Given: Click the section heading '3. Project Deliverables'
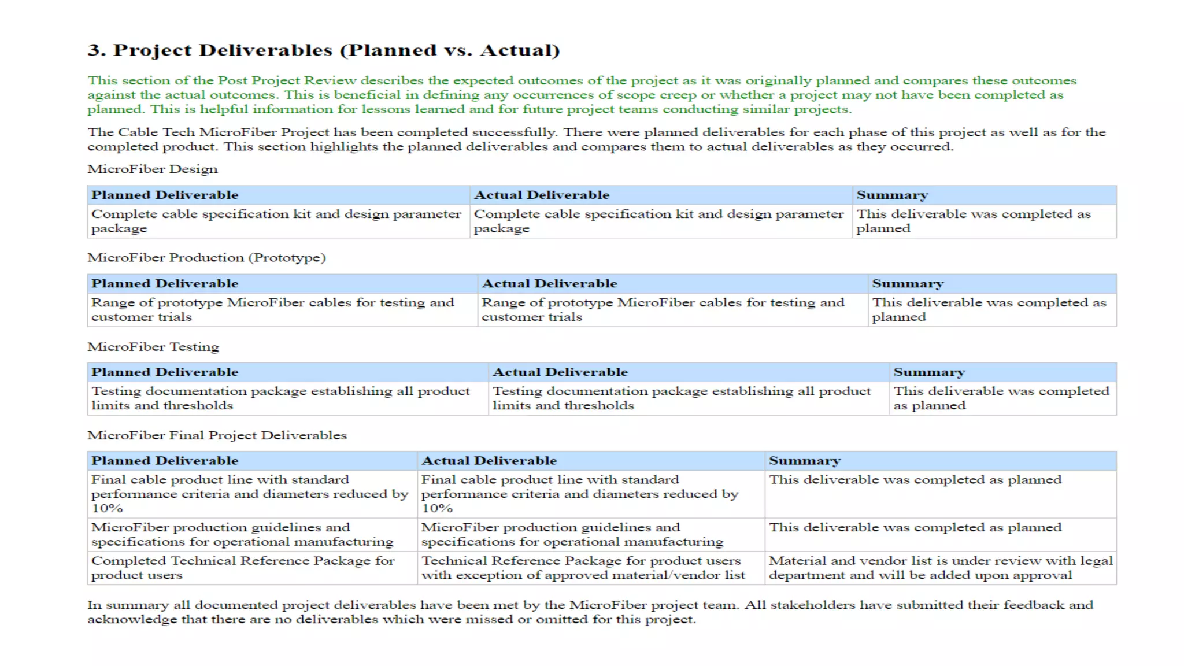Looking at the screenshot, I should point(323,50).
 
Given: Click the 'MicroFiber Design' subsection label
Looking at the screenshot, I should point(153,169).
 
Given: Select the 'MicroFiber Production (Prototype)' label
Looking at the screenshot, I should point(206,258).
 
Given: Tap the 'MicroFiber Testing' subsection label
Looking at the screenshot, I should point(153,347).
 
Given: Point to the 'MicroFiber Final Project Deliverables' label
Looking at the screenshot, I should point(217,435).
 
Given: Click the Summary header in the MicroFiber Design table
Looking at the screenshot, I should point(892,195).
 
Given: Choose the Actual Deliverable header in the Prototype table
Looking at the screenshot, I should point(549,284).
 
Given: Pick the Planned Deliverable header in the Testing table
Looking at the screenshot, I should point(165,372).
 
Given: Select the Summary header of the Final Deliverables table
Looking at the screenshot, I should point(804,461).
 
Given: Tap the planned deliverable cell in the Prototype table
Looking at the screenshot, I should point(272,310).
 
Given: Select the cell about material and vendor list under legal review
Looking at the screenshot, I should point(940,568).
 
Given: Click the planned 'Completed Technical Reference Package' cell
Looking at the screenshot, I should point(243,568).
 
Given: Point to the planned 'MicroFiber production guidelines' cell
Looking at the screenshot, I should point(242,535).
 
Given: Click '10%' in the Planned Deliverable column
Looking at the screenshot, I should point(107,509).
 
